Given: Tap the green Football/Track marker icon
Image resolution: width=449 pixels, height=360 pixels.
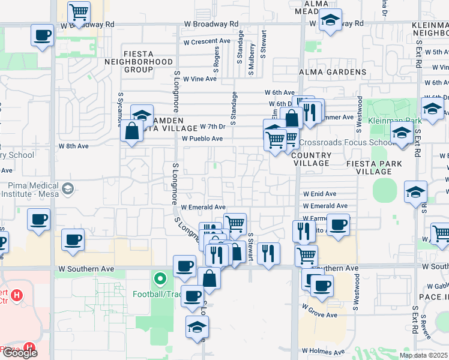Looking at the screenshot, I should point(160,279).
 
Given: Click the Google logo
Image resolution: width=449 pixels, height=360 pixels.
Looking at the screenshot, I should point(19,353).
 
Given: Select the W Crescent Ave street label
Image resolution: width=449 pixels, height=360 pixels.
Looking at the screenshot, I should point(207,42).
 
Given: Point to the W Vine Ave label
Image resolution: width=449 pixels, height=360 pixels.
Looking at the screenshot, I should point(199,79).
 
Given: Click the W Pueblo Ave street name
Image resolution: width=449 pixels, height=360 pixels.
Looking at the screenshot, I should point(202,139).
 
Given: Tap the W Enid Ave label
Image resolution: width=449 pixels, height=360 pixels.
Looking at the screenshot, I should point(319,194).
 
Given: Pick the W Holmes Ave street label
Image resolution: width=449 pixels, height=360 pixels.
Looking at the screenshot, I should point(323,352).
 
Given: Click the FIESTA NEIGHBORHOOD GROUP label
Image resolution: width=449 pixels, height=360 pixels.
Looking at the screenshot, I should point(139,62).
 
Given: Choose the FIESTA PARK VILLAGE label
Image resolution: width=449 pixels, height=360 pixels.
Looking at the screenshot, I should point(369,167).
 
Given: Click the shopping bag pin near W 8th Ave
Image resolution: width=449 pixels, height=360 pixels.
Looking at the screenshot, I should point(131,131).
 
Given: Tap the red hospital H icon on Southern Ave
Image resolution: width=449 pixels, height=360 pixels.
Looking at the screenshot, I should point(17,295).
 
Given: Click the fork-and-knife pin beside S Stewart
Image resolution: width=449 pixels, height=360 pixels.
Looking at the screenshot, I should point(268,253).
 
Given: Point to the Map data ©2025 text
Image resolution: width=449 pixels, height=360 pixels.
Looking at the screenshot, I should point(423,355).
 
